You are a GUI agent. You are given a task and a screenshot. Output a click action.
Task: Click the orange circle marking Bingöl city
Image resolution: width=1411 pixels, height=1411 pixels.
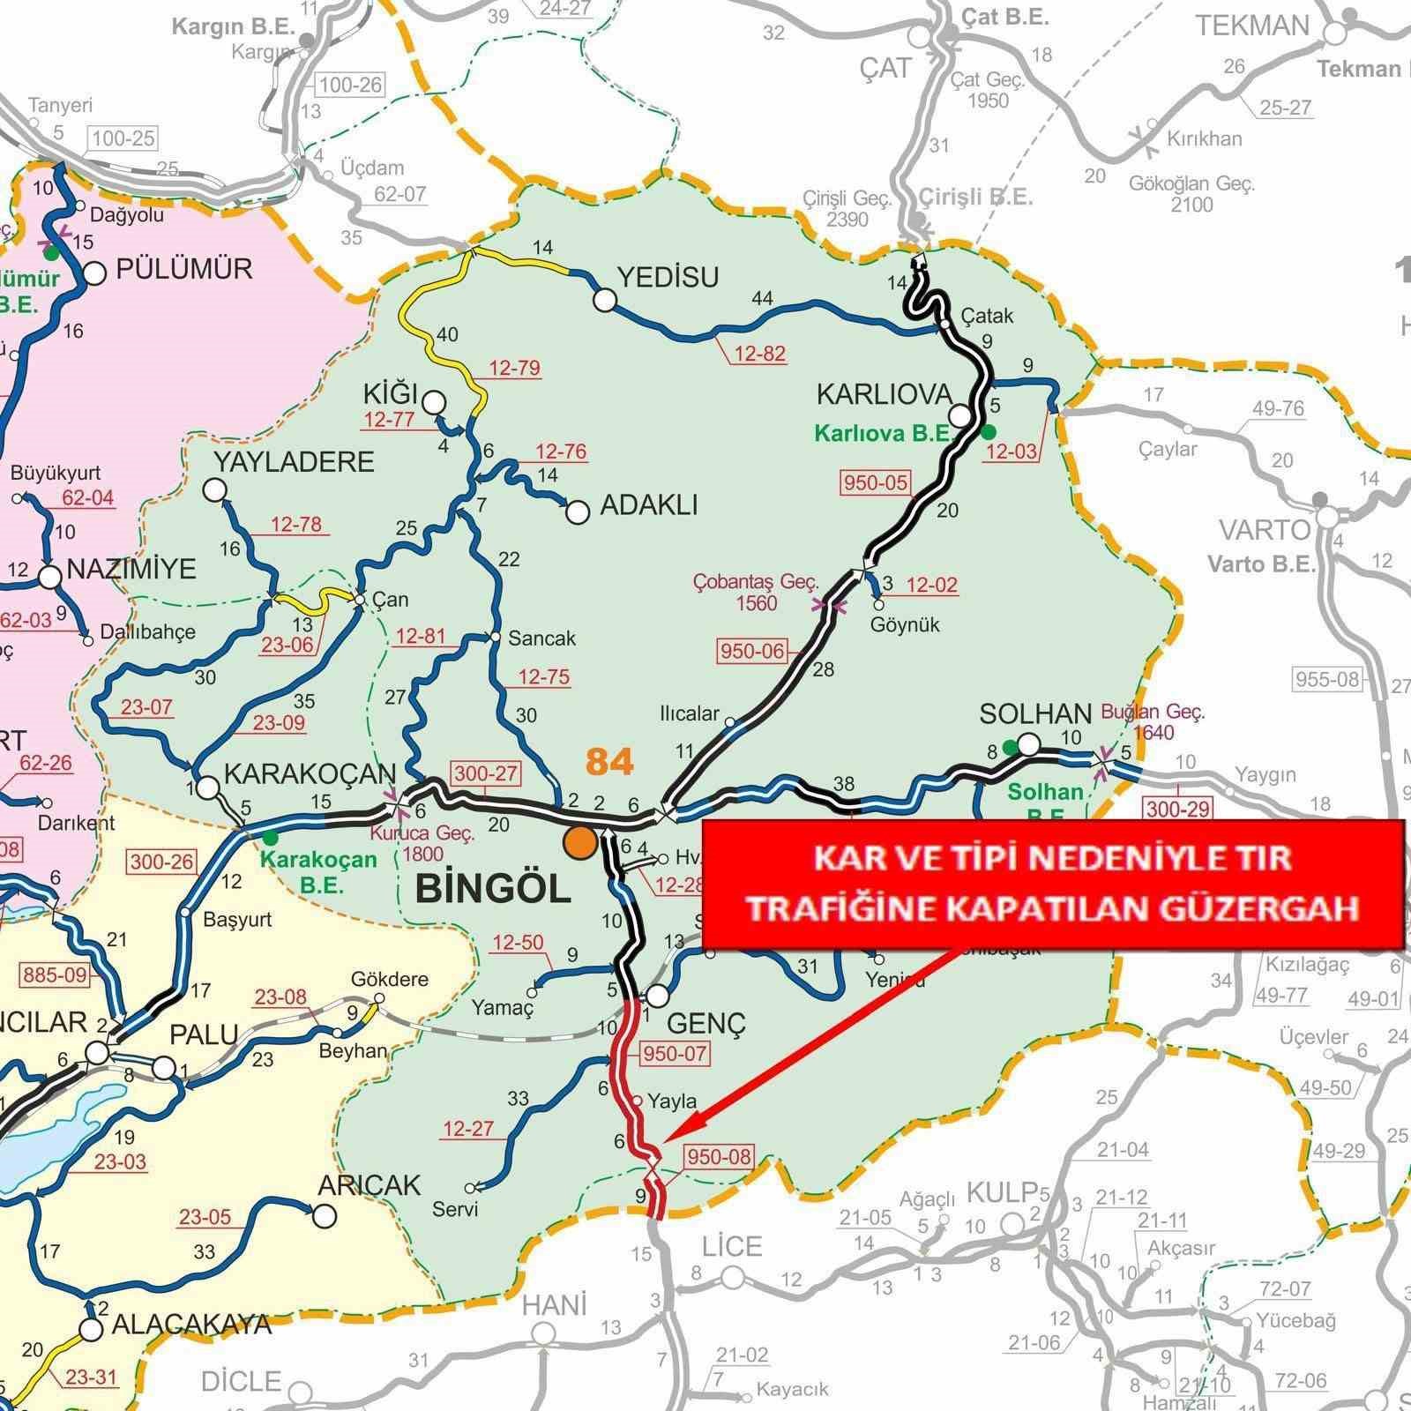coord(580,842)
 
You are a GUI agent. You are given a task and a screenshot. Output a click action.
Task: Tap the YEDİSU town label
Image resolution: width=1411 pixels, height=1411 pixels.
coord(668,278)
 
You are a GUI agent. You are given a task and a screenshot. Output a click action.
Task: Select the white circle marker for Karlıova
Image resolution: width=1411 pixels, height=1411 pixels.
coord(960,415)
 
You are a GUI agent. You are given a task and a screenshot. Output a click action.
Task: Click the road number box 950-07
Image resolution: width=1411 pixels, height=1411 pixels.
coord(676,1053)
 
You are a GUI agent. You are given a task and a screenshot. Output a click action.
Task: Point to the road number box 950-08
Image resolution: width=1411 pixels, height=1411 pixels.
coord(718,1156)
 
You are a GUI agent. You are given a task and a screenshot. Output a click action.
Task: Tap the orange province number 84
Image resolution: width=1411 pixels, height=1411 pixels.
coord(609,760)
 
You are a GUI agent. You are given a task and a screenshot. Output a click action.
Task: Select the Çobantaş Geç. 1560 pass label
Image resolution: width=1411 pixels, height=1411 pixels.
coord(756,593)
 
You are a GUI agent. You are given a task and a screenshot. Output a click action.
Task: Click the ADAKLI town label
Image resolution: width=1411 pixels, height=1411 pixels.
coord(648,505)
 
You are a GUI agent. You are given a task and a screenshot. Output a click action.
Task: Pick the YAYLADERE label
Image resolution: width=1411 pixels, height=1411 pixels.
coord(295,461)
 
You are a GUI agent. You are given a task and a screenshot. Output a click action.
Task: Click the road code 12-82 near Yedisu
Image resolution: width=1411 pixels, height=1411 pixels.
coord(759,354)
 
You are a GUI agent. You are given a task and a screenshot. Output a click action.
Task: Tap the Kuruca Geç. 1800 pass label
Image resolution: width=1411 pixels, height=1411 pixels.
coord(422,843)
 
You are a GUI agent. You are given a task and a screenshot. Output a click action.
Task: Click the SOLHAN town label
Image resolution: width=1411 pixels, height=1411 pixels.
coord(1034,713)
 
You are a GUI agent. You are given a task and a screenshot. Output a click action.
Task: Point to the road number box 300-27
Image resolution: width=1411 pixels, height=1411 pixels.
coord(485,773)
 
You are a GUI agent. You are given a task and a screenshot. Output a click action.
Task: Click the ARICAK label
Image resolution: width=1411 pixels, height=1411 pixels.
coord(370,1185)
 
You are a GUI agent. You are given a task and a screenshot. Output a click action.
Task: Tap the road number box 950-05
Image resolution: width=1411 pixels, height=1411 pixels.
coord(876,482)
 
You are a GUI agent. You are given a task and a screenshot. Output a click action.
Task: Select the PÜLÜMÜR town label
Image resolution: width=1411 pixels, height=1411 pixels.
coord(184,268)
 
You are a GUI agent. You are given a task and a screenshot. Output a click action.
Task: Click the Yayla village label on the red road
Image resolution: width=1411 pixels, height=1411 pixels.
coord(672,1101)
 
